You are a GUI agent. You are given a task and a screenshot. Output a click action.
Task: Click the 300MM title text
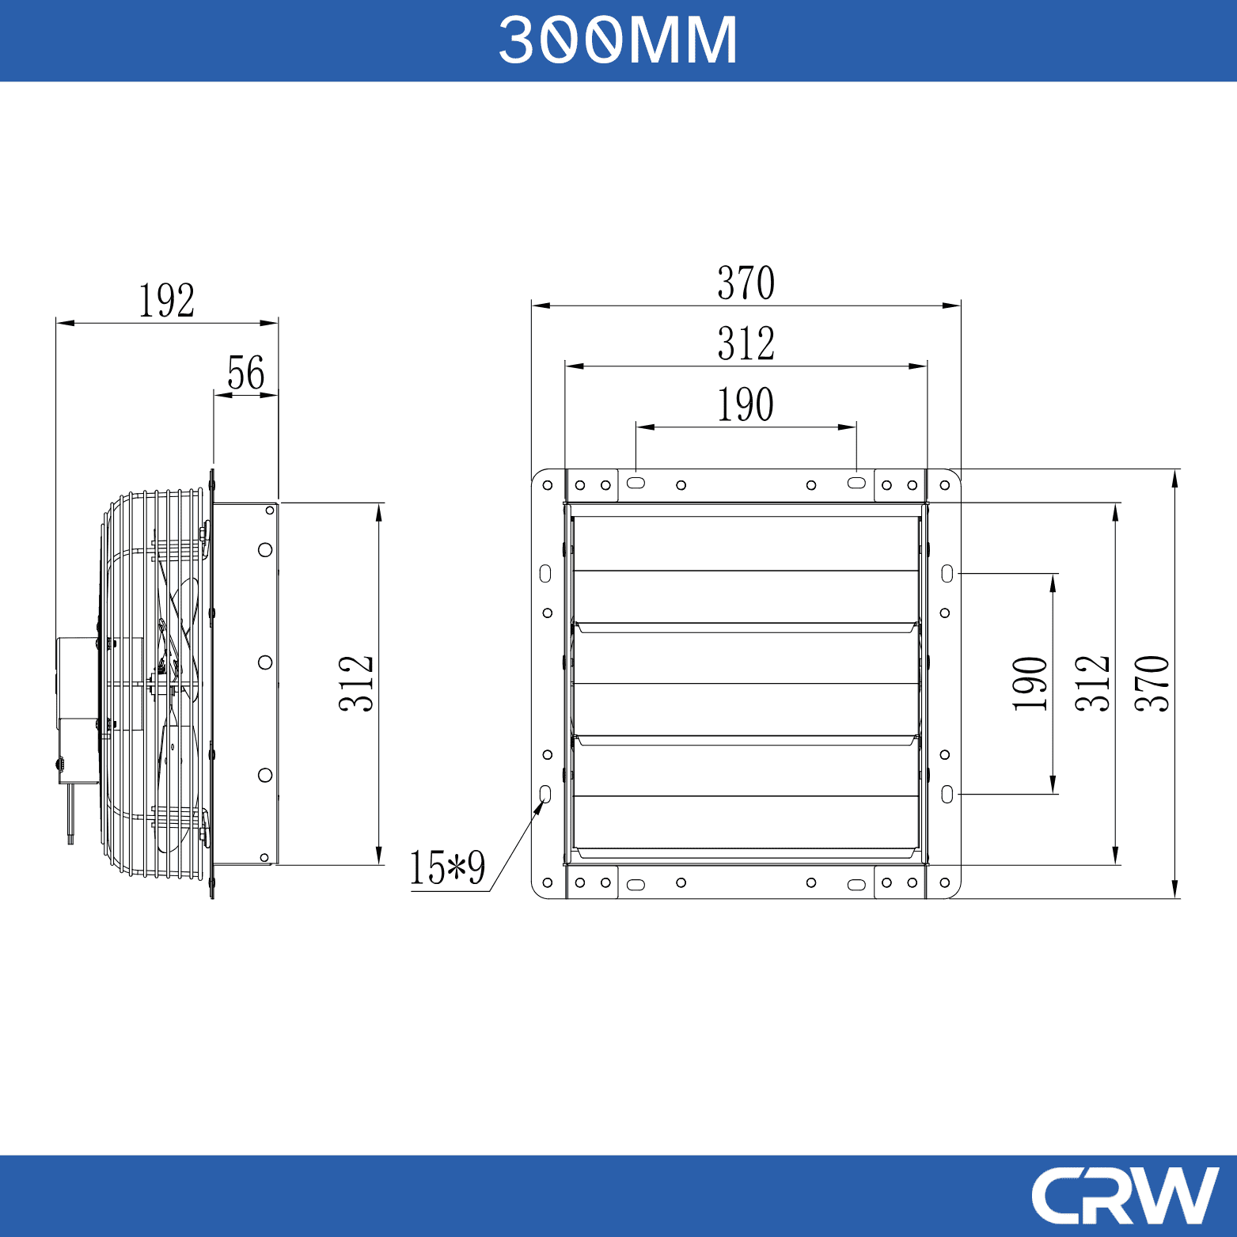coord(618,40)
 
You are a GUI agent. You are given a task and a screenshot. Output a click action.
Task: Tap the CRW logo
coord(1125,1195)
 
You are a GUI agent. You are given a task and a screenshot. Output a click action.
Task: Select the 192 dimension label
coord(166,301)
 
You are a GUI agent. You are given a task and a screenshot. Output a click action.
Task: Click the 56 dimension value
coord(245,373)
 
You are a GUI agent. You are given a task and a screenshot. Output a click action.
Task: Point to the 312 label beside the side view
coord(356,684)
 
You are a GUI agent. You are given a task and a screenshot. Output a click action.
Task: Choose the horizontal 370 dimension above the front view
coord(746,283)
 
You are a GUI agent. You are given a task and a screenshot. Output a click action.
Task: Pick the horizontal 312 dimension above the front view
coord(746,344)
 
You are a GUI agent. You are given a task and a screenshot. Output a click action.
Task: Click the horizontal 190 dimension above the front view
coord(746,405)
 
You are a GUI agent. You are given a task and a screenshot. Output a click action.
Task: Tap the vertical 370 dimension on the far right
coord(1152,684)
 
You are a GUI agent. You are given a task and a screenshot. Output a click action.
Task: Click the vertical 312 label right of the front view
coord(1093,684)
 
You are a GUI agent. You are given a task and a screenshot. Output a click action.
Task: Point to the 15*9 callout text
coord(447,868)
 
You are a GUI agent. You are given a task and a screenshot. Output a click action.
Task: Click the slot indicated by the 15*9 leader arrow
coord(545,794)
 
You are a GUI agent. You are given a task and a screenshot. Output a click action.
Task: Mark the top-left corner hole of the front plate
coord(548,485)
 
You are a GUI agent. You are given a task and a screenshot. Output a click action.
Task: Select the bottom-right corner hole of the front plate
coord(945,882)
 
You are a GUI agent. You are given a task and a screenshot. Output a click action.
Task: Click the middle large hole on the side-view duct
coord(265,662)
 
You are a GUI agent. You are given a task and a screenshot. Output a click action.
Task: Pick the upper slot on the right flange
coord(947,574)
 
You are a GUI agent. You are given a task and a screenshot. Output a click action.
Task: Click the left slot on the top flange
coord(636,483)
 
